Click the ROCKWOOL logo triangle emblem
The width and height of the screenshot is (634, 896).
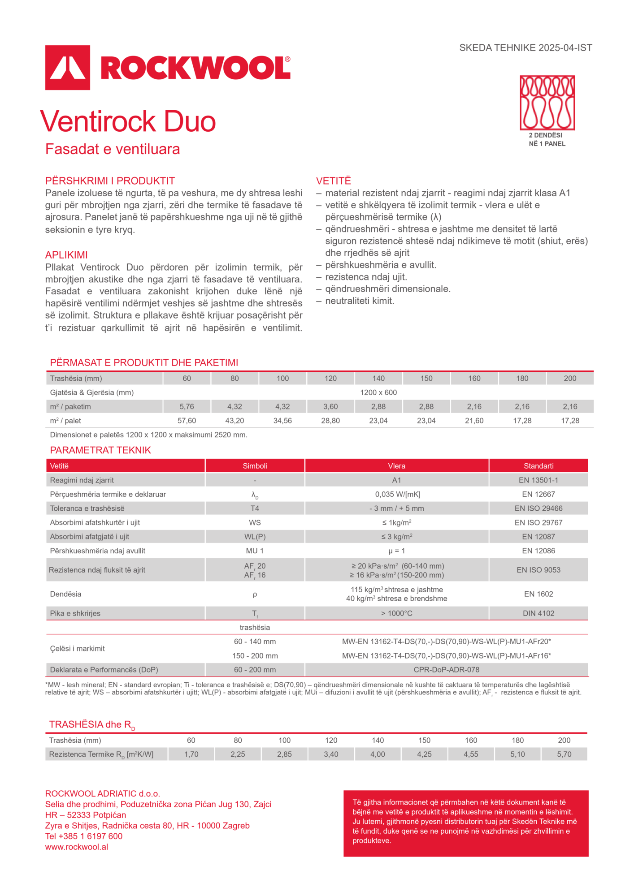pos(68,68)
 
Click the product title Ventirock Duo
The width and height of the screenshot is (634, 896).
pos(128,121)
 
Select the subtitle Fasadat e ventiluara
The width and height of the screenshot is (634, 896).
pos(113,149)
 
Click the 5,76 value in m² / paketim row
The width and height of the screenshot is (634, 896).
pos(187,407)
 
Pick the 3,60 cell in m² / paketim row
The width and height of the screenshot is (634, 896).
pos(330,407)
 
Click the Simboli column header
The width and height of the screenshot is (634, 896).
pos(255,466)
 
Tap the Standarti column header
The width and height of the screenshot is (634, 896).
pos(538,466)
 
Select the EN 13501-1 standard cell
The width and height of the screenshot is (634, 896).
pos(538,480)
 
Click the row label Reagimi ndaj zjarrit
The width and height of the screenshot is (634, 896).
pos(82,480)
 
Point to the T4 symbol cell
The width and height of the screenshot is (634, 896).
pos(255,508)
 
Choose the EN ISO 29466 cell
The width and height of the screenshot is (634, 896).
pos(538,508)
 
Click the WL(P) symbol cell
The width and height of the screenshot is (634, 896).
pos(255,537)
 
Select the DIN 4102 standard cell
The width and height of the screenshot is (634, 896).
pos(538,613)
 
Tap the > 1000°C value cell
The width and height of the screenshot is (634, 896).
pos(397,613)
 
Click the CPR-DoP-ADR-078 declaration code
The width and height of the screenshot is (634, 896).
pos(447,670)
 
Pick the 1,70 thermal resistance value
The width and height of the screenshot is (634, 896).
pos(191,754)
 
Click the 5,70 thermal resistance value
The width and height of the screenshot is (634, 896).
pos(564,754)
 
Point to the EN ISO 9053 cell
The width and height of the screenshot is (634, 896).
pos(538,570)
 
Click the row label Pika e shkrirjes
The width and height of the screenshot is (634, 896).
pos(75,613)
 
